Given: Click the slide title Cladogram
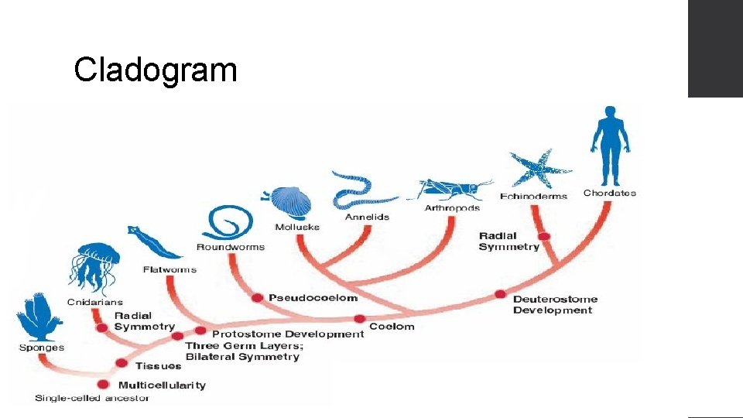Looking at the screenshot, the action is click(155, 70).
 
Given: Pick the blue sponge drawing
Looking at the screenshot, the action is click(39, 317).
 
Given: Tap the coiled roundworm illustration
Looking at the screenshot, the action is click(229, 223).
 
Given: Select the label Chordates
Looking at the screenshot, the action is click(610, 194).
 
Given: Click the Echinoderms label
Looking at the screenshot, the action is click(533, 196).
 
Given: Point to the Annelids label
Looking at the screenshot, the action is click(367, 218).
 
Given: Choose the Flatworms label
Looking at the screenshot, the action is click(169, 270).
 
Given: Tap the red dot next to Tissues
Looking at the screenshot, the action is click(122, 363).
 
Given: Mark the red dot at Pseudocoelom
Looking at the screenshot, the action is click(258, 298).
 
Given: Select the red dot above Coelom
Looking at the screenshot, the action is click(360, 318).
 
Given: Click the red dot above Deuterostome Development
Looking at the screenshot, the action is click(500, 294).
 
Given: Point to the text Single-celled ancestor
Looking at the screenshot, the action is click(92, 399).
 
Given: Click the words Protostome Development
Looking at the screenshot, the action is click(287, 334).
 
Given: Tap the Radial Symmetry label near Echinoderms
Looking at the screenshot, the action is click(508, 242).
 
